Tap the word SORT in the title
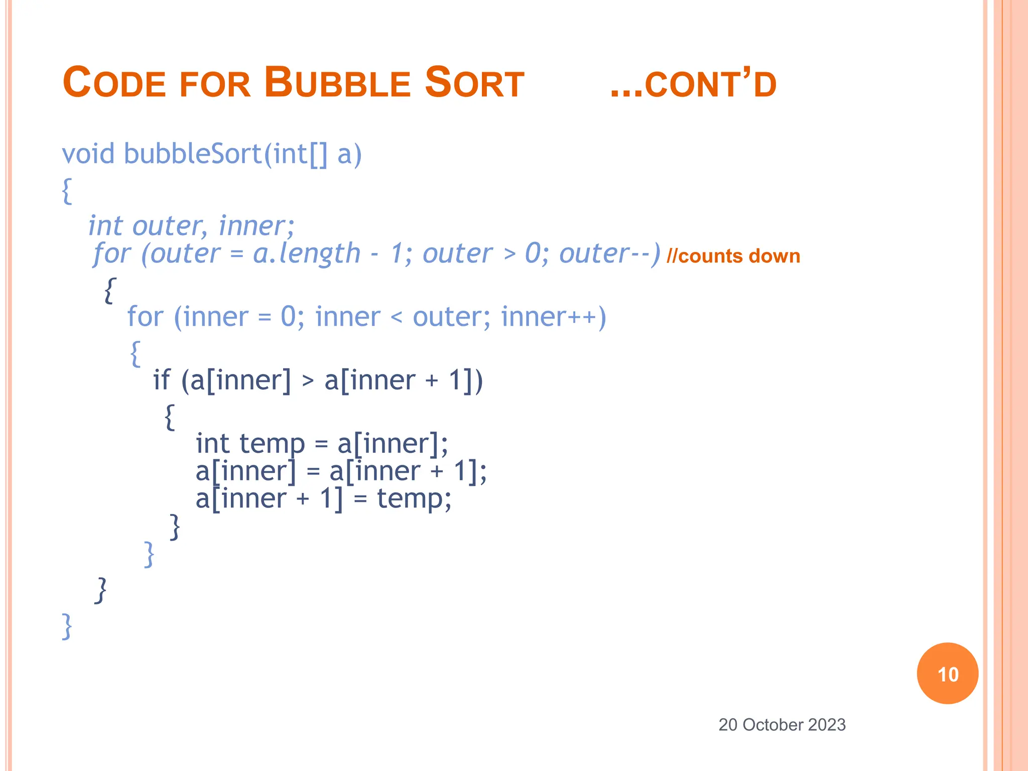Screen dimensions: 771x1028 pos(474,83)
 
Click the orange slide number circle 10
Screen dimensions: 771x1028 pos(947,674)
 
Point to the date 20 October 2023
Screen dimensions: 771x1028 pos(782,725)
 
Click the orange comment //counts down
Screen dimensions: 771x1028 pos(733,256)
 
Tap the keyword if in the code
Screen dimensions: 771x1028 pos(162,380)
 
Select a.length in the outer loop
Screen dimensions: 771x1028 pos(307,253)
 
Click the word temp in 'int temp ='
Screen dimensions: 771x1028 pos(272,444)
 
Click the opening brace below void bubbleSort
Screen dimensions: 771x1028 pos(67,191)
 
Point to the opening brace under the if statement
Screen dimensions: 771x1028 pos(170,417)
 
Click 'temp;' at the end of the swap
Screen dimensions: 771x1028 pos(414,499)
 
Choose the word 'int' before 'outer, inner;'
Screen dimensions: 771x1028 pos(105,226)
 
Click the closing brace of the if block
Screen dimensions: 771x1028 pos(175,526)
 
